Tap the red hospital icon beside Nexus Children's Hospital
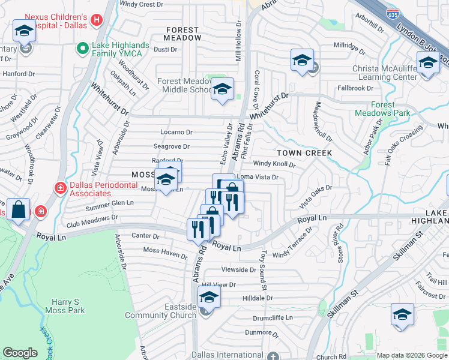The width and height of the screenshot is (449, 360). click(x=97, y=22)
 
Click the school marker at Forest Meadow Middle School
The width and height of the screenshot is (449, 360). click(x=222, y=90)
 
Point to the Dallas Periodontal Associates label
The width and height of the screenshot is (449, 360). click(x=99, y=190)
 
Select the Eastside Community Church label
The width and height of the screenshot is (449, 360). click(x=160, y=311)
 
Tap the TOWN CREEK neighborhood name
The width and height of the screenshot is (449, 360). click(x=304, y=154)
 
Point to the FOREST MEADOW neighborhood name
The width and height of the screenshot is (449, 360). click(x=183, y=34)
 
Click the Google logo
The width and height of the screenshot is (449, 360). click(x=20, y=353)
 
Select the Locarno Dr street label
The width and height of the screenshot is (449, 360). click(x=176, y=132)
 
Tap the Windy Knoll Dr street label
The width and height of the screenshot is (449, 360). click(x=274, y=164)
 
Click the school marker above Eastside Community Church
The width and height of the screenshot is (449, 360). click(x=209, y=296)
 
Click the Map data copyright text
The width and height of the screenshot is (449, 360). click(x=412, y=355)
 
